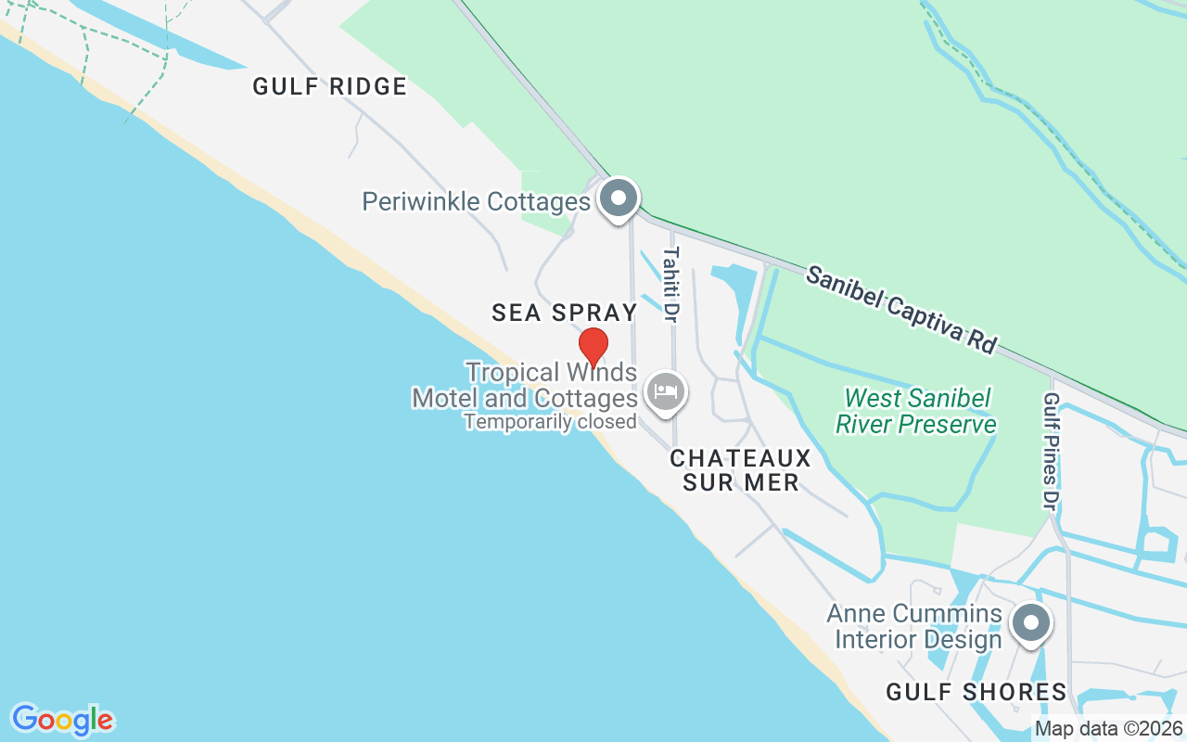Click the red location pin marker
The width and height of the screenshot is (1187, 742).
point(593,346)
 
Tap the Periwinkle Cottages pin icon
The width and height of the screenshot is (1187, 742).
point(618,198)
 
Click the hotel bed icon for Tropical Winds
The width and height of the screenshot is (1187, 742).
point(665,391)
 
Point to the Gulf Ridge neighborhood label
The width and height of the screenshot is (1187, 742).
point(330,87)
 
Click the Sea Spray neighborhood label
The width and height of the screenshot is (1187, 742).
point(565,313)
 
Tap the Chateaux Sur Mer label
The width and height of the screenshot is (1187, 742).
point(740,470)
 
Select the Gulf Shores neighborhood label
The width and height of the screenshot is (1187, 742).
point(976,692)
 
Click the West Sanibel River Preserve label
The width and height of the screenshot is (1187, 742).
point(916,412)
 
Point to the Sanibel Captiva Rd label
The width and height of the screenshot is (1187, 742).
point(900,309)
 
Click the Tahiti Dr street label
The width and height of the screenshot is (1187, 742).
point(670,284)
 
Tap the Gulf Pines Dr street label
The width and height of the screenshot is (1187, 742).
point(1051,451)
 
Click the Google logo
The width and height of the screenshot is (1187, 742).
point(63,720)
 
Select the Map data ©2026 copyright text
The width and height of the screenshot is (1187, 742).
point(1108,729)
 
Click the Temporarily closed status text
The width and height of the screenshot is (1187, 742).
point(550,422)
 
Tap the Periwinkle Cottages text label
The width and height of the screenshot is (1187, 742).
point(476,202)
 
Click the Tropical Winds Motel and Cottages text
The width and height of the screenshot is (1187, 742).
point(525,386)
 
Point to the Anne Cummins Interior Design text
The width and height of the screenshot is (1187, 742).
point(914,626)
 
